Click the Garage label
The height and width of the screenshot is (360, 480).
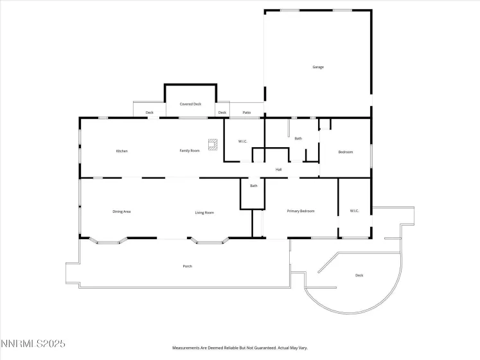pyautogui.click(x=317, y=67)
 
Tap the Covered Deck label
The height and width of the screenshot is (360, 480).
pyautogui.click(x=190, y=104)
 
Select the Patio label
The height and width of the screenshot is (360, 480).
pyautogui.click(x=247, y=113)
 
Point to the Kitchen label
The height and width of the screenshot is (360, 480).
pyautogui.click(x=121, y=151)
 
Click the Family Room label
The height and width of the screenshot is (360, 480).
pyautogui.click(x=189, y=150)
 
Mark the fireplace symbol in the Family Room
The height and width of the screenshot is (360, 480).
pyautogui.click(x=212, y=143)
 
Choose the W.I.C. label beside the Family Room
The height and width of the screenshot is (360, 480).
pyautogui.click(x=243, y=141)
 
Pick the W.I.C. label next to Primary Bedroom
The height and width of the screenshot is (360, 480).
pyautogui.click(x=354, y=211)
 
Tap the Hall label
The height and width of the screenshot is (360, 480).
pyautogui.click(x=279, y=170)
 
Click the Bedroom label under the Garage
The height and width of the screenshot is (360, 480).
pyautogui.click(x=346, y=152)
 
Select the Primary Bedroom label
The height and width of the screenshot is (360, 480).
pyautogui.click(x=300, y=211)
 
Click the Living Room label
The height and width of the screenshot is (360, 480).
pyautogui.click(x=204, y=212)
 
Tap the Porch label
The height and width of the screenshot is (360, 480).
pyautogui.click(x=187, y=266)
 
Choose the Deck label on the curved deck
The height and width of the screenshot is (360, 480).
pyautogui.click(x=359, y=276)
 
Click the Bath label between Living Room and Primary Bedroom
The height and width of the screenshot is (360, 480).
pyautogui.click(x=254, y=186)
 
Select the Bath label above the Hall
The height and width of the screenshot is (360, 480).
pyautogui.click(x=298, y=138)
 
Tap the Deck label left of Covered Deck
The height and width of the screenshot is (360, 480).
pyautogui.click(x=149, y=113)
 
